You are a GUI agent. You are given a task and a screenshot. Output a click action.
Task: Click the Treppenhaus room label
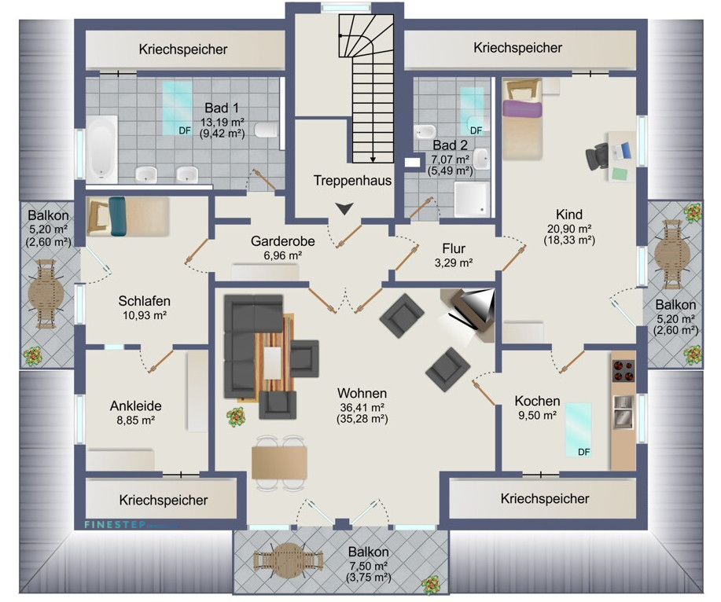pyautogui.click(x=352, y=181)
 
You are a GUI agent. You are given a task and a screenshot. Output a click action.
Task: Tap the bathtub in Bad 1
pyautogui.click(x=102, y=147)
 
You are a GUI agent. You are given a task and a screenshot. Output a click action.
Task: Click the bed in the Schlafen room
pyautogui.click(x=127, y=216)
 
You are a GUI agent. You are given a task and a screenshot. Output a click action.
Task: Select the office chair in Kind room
pyautogui.click(x=597, y=155)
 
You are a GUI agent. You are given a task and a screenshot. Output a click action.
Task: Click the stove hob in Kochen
pyautogui.click(x=623, y=369)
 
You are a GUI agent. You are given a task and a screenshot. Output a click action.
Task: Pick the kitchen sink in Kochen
pyautogui.click(x=623, y=411)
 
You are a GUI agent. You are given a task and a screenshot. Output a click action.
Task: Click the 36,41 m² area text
pyautogui.click(x=362, y=407)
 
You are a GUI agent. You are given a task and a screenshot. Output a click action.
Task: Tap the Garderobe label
pyautogui.click(x=283, y=241)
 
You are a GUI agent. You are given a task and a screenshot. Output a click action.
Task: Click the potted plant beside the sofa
pyautogui.click(x=234, y=414)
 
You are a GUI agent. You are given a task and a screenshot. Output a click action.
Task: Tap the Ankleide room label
pyautogui.click(x=136, y=406)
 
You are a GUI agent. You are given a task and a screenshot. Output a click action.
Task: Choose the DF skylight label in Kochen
pyautogui.click(x=583, y=452)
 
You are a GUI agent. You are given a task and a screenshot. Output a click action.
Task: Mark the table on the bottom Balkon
pyautogui.click(x=289, y=560)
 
